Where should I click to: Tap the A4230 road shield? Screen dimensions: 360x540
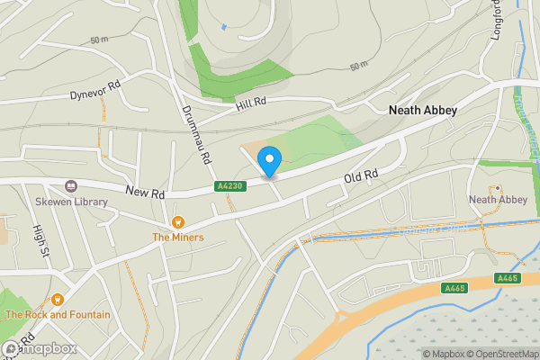[x=228, y=186]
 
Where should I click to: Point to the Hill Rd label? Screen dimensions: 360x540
[x=251, y=103]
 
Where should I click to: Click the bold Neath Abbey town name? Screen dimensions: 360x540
[x=422, y=110]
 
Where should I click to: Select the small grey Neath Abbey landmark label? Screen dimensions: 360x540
[x=498, y=199]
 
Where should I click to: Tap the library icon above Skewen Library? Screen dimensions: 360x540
[x=70, y=187]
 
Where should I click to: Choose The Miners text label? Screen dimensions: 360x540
[x=177, y=238]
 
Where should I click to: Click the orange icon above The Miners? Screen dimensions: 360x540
[x=177, y=222]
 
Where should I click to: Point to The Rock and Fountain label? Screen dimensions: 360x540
[x=58, y=315]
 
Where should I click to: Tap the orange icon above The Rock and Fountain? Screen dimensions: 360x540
[x=58, y=300]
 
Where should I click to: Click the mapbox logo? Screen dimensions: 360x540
[x=39, y=348]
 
